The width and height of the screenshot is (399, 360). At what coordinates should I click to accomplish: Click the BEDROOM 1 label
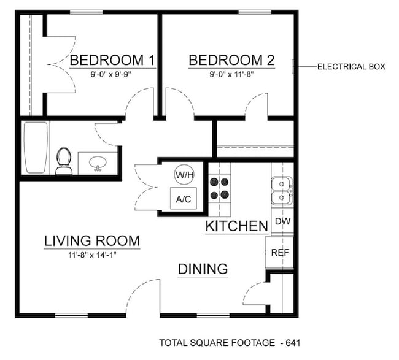tap(112, 60)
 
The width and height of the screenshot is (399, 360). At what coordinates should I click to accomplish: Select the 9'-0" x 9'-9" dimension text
tap(110, 73)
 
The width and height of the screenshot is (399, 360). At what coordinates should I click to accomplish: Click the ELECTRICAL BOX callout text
tap(351, 66)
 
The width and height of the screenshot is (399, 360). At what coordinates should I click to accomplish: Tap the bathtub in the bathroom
tap(36, 148)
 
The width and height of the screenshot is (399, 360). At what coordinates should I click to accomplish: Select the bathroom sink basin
tap(97, 163)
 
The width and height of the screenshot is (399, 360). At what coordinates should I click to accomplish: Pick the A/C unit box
tap(183, 199)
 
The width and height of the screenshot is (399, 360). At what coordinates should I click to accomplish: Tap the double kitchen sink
tap(282, 191)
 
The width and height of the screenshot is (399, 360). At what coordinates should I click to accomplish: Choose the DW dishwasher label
tap(282, 221)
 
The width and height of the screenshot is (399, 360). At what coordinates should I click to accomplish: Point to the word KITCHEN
tap(236, 226)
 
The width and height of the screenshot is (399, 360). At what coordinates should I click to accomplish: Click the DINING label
tap(203, 269)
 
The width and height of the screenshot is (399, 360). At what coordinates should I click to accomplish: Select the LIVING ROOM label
tap(92, 241)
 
